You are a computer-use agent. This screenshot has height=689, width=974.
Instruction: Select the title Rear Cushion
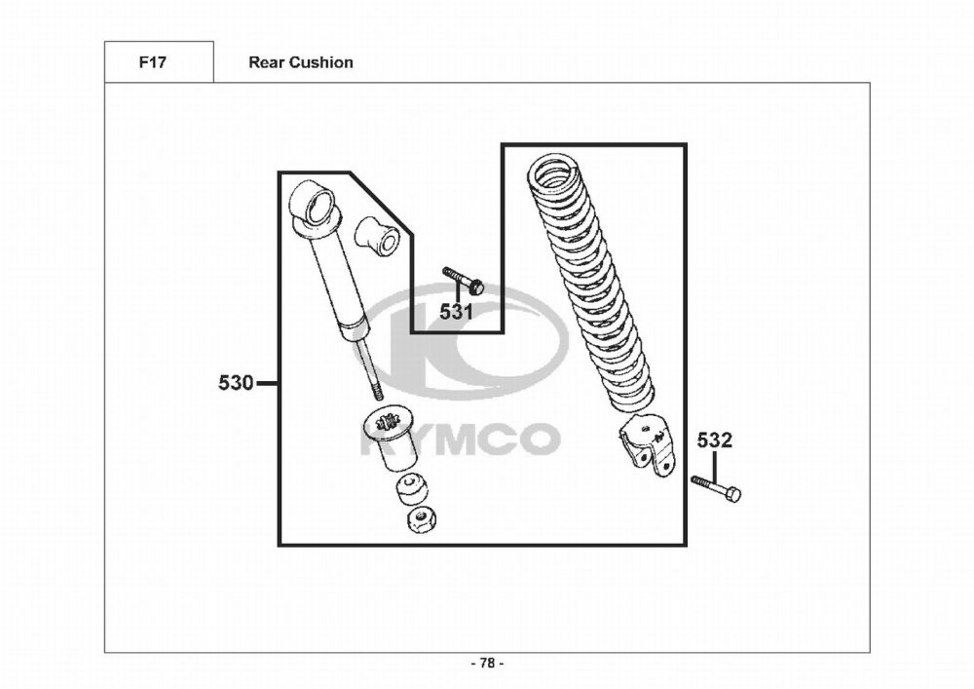[301, 62]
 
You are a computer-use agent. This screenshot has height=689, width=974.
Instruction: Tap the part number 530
[236, 383]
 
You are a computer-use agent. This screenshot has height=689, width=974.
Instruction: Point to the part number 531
[456, 312]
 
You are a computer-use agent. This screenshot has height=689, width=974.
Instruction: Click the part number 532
[714, 440]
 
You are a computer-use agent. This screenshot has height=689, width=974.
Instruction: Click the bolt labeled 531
[464, 281]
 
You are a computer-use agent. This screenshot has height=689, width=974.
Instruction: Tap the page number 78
[487, 663]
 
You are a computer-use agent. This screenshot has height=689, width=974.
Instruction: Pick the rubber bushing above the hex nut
[410, 488]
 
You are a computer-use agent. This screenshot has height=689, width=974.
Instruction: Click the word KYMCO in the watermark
[460, 439]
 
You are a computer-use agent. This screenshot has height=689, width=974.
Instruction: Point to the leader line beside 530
[267, 383]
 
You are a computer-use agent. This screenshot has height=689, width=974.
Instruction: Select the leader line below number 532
[714, 464]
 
